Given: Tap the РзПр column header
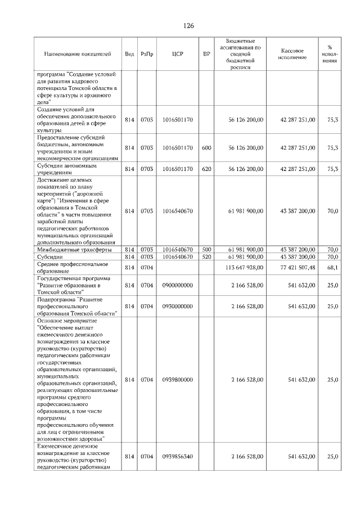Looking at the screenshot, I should pyautogui.click(x=147, y=54).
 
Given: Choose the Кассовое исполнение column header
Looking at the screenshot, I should pyautogui.click(x=291, y=54).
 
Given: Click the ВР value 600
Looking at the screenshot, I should pyautogui.click(x=206, y=148).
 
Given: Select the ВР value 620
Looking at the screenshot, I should pyautogui.click(x=206, y=169).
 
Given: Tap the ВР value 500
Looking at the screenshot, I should pyautogui.click(x=206, y=249).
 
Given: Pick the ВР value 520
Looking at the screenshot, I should pyautogui.click(x=206, y=256).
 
